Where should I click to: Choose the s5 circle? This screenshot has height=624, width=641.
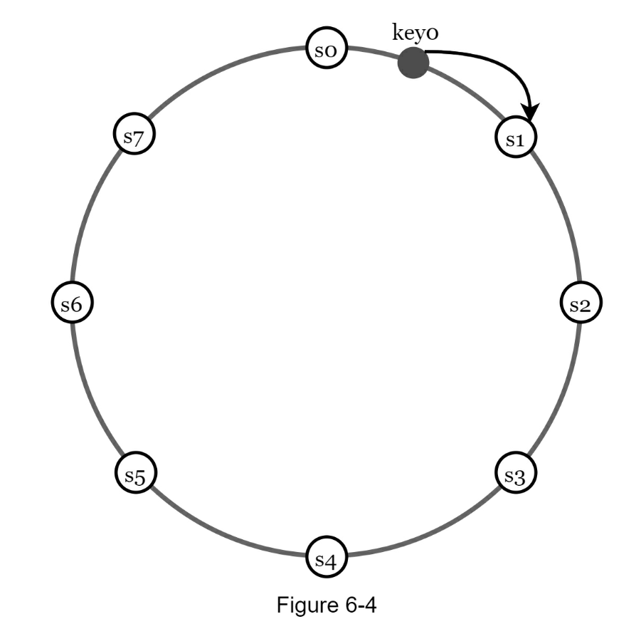point(136,472)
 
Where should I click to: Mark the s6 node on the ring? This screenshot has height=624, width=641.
point(72,303)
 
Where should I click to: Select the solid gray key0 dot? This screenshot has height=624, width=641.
point(413,64)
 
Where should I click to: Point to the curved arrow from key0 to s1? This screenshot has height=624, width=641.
point(498,60)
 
